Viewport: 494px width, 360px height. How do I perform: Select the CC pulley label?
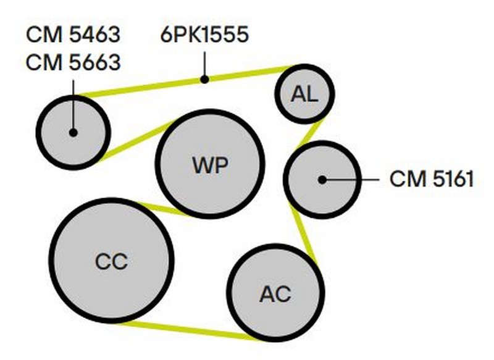[x=111, y=261]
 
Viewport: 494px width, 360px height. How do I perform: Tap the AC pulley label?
[x=275, y=294]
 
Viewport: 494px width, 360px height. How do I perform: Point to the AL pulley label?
[x=304, y=94]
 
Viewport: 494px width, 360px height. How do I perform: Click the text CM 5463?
[x=73, y=35]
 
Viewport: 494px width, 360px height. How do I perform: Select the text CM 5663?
[x=73, y=63]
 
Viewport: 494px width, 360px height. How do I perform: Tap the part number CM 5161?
[x=432, y=179]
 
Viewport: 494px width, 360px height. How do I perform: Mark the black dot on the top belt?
[x=204, y=78]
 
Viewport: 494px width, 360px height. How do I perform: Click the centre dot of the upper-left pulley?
[x=73, y=132]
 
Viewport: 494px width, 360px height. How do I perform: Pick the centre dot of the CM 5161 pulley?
[x=322, y=179]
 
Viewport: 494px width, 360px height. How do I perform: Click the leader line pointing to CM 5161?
[x=352, y=179]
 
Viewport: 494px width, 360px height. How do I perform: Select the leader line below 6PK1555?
[x=204, y=62]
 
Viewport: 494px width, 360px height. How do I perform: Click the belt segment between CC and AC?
[x=185, y=330]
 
